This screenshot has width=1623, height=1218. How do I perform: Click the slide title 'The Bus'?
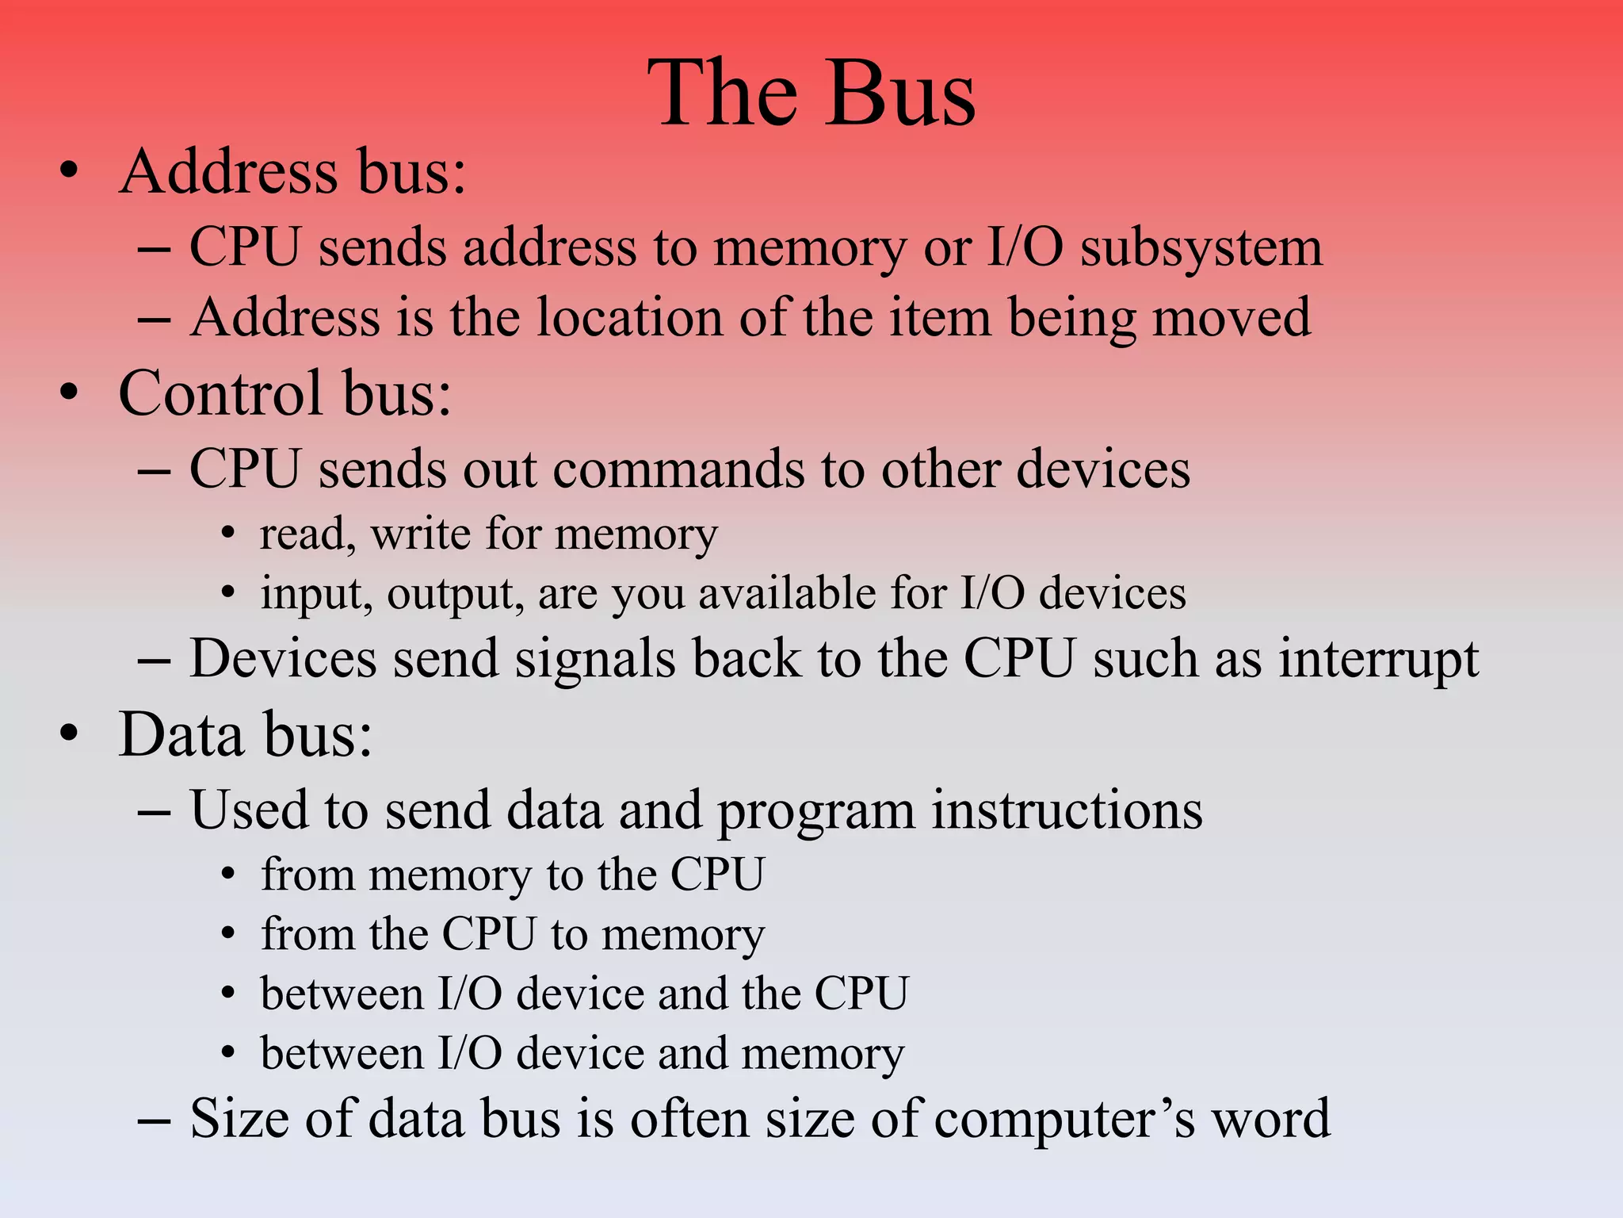[811, 94]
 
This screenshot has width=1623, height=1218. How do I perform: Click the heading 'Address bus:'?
[292, 172]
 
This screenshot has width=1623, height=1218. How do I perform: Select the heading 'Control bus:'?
[285, 393]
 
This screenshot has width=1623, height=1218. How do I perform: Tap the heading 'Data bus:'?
[245, 735]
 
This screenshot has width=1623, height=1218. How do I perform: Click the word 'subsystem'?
[1201, 248]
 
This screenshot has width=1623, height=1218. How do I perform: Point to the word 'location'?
[630, 318]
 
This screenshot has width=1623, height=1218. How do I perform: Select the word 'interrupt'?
[1378, 660]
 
